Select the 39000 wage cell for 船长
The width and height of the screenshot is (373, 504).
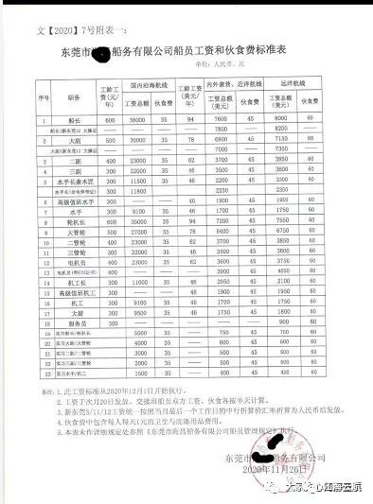tap(137, 120)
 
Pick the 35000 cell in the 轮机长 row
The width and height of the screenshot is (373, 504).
tap(137, 220)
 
